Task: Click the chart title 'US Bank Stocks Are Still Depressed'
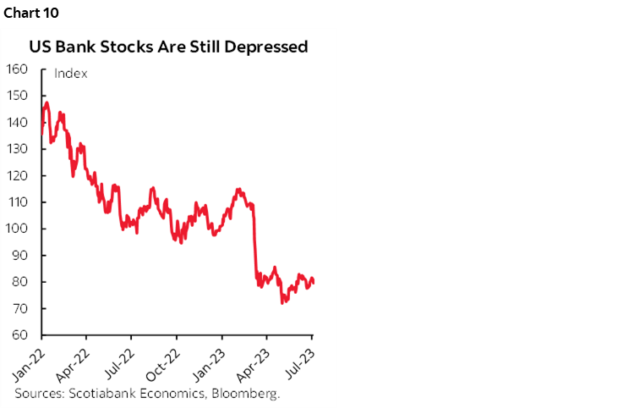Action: [169, 47]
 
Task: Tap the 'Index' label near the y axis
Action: [71, 73]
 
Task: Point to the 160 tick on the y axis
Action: [18, 69]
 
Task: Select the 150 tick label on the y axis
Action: [18, 95]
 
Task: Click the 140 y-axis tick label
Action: [18, 122]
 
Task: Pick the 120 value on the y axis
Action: [18, 175]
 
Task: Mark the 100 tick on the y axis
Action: [18, 229]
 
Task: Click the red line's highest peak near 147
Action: [46, 103]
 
